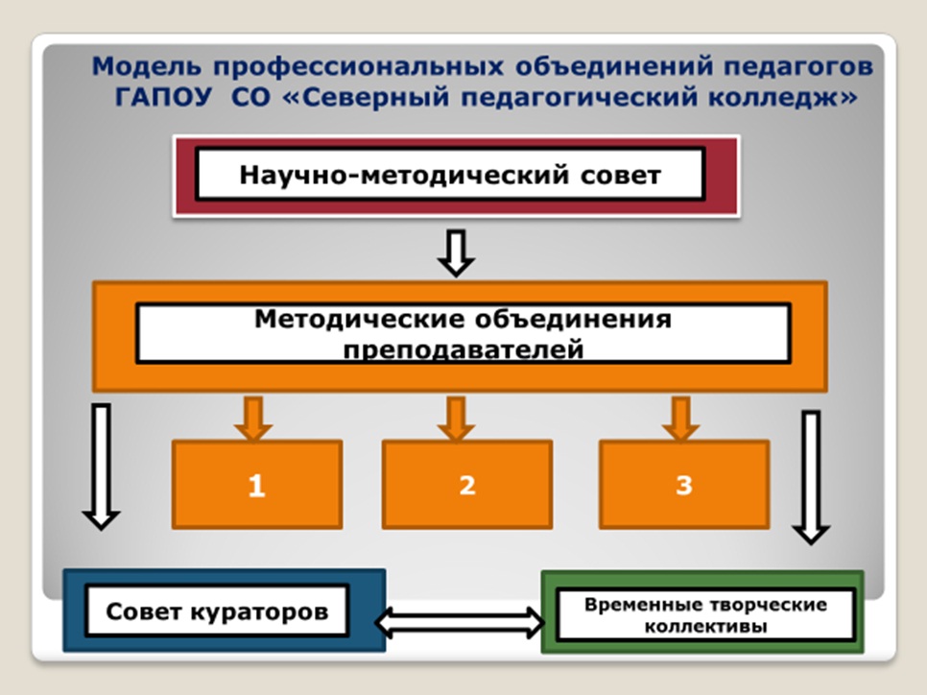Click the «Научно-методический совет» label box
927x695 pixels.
(450, 175)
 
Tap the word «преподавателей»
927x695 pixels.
(463, 348)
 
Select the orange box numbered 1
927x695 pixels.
(257, 484)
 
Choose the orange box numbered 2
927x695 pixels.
(466, 484)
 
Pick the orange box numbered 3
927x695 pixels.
(683, 484)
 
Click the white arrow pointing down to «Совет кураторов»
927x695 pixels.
(101, 465)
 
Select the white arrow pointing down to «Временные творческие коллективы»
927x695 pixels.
(812, 476)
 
